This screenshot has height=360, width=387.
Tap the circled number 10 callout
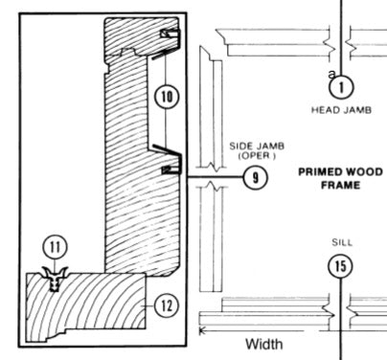[165, 96]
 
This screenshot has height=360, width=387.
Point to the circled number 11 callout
[57, 247]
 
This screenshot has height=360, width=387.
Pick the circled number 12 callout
[165, 305]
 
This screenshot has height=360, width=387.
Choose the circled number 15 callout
[340, 267]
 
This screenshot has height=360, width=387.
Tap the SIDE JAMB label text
[252, 147]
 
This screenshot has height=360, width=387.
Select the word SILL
[340, 243]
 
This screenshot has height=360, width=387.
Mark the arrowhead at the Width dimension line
[202, 331]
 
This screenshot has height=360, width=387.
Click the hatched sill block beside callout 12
[86, 306]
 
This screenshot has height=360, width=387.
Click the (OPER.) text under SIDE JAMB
[252, 156]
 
